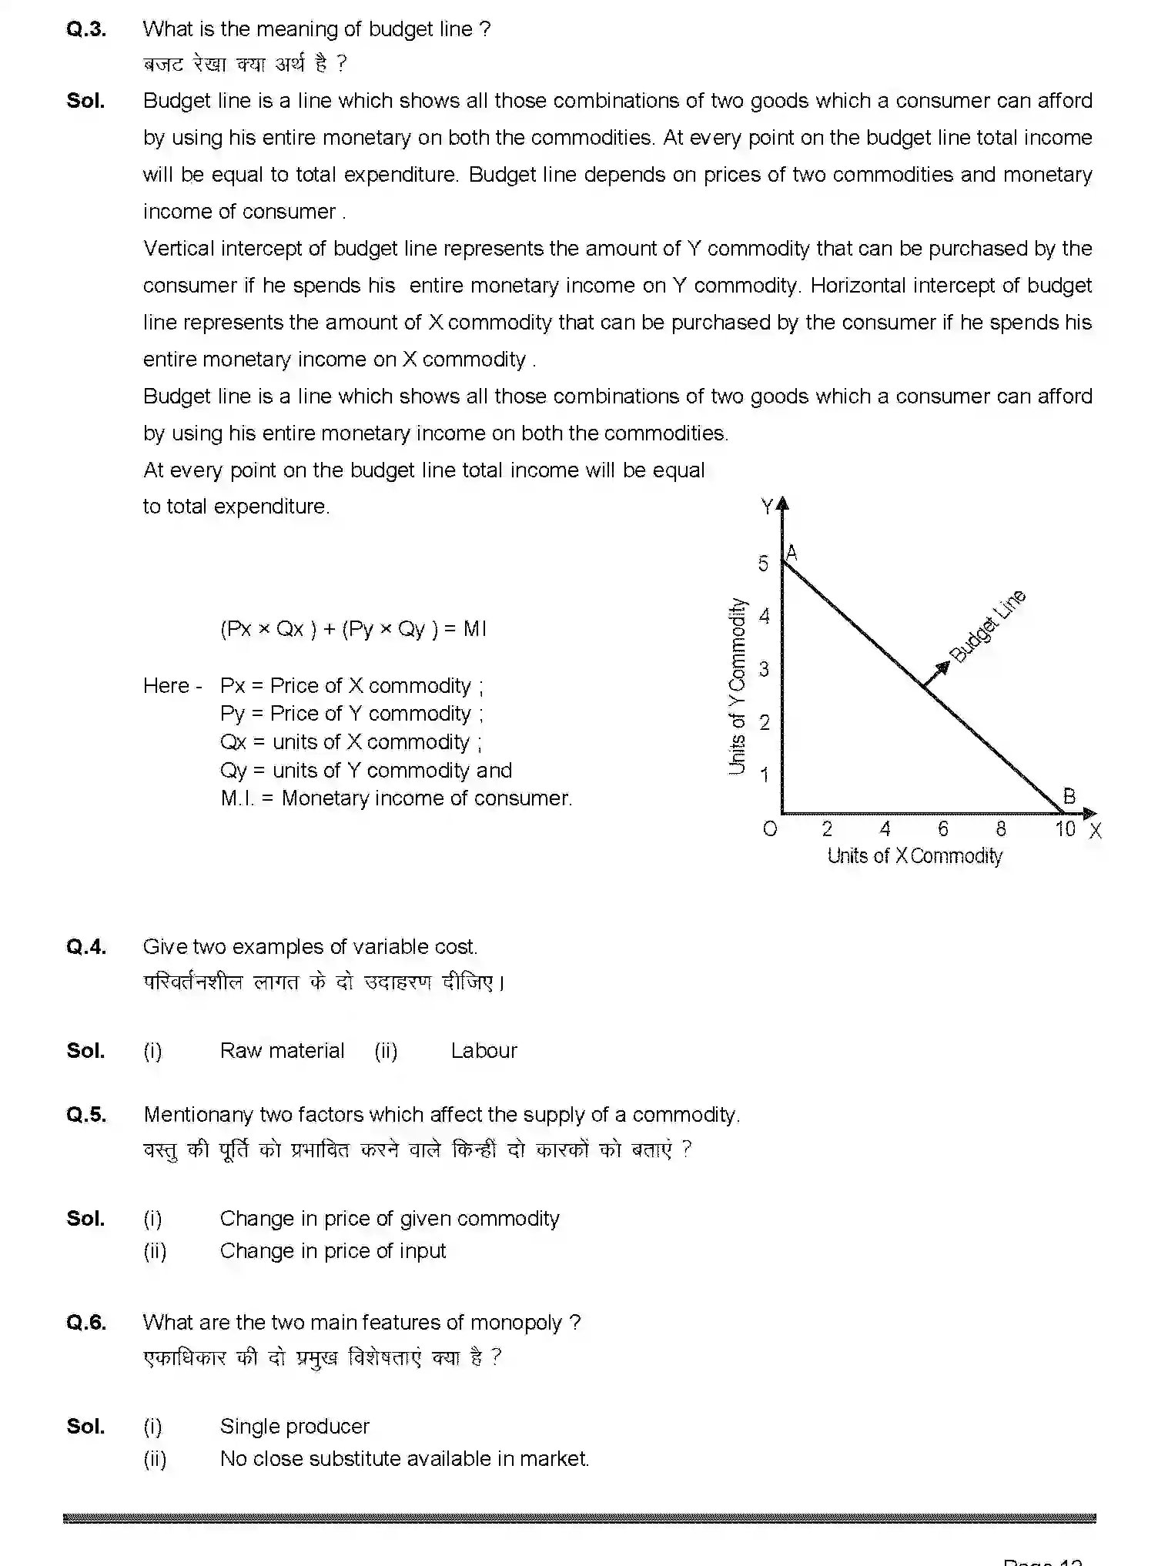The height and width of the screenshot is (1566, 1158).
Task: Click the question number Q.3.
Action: click(86, 29)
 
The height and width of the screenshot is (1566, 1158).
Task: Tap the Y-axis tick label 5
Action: click(763, 564)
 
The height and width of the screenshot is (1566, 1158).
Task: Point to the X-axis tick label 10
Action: click(1065, 828)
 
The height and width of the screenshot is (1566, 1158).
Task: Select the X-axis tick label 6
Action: click(943, 828)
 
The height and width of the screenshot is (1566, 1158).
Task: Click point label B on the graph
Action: click(1069, 796)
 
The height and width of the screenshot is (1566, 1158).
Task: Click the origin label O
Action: click(769, 829)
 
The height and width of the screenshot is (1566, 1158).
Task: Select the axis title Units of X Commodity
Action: click(915, 856)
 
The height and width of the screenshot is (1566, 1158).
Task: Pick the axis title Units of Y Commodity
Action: click(738, 686)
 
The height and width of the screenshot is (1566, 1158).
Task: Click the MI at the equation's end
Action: click(474, 629)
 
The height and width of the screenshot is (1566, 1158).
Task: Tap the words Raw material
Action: click(282, 1051)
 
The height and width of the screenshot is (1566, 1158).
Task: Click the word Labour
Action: click(484, 1051)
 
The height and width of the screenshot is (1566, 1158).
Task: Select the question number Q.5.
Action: click(86, 1115)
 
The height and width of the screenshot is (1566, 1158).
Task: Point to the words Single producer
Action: click(294, 1427)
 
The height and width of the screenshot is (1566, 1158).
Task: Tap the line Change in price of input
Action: click(333, 1251)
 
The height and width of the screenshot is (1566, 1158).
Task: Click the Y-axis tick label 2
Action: click(764, 722)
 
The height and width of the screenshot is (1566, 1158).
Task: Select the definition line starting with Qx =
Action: click(350, 742)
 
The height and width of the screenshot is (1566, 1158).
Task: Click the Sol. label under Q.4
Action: click(85, 1051)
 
